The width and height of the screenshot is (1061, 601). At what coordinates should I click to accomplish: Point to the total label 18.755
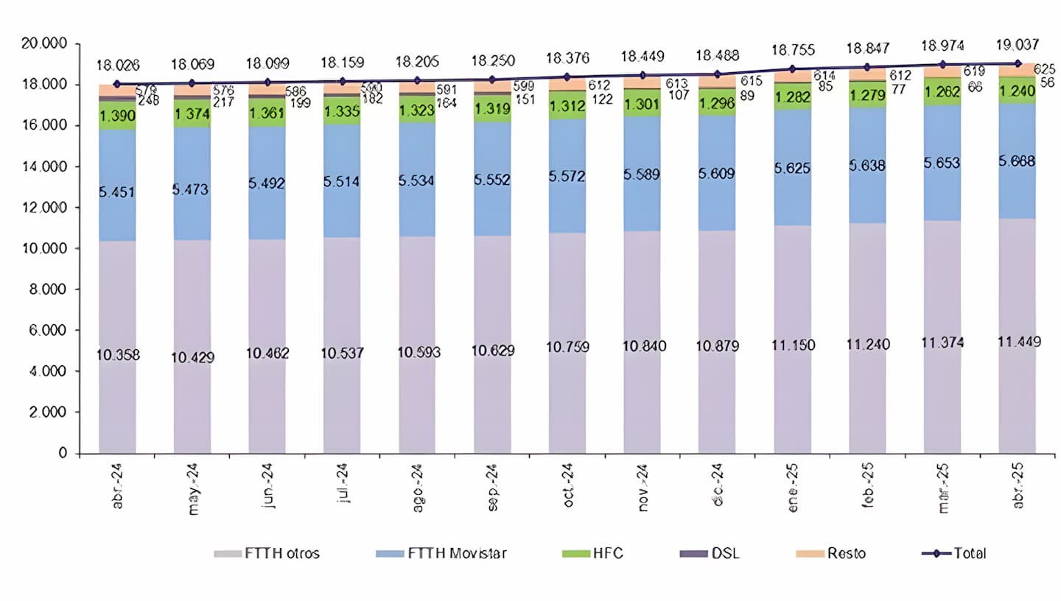pos(792,50)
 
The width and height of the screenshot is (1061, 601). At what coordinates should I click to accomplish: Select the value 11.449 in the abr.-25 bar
pos(1017,342)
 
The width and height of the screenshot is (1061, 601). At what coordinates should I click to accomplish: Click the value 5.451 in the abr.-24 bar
pos(117,192)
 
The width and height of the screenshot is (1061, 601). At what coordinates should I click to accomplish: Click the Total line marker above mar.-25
pos(942,65)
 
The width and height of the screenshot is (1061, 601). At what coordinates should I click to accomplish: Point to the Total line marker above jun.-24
pos(267,82)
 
